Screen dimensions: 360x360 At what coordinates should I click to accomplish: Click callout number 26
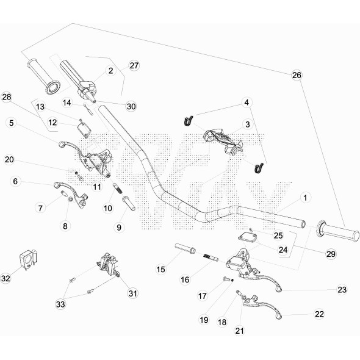tap(297, 75)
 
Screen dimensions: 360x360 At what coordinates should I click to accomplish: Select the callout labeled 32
tap(6, 278)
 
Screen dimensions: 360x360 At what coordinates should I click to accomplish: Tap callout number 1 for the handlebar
tap(305, 198)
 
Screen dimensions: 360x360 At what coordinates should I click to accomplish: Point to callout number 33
tap(60, 304)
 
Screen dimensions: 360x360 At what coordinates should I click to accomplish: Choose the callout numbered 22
tap(319, 314)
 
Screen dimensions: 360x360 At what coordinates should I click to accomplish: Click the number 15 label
tap(160, 269)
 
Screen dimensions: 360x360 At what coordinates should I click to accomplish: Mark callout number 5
tap(11, 123)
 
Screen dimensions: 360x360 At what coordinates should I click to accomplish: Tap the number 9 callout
tap(119, 228)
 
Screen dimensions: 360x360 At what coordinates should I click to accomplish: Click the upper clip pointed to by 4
tap(189, 121)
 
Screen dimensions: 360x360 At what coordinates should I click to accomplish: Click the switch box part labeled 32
tap(28, 259)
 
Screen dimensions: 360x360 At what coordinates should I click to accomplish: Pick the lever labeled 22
tap(262, 307)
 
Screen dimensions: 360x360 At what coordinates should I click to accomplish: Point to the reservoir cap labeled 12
tap(84, 130)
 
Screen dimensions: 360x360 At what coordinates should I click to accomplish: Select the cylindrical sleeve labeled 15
tap(185, 248)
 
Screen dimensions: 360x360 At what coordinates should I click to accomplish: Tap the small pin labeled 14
tap(88, 110)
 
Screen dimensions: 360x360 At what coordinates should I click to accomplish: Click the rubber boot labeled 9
tap(129, 203)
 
